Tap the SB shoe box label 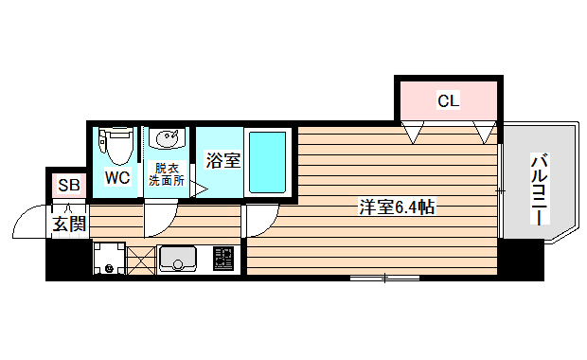(x=68, y=185)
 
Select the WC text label (x=118, y=177)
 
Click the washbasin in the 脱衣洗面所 (x=168, y=140)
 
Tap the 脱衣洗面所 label (x=167, y=176)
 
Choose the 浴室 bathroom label (x=223, y=160)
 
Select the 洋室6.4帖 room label (x=396, y=207)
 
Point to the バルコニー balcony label (x=538, y=189)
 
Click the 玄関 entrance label (x=69, y=224)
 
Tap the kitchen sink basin (x=178, y=258)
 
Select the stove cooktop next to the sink (x=223, y=257)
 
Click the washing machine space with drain (x=110, y=258)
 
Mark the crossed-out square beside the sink (x=140, y=258)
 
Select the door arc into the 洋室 (x=260, y=219)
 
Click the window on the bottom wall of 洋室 (x=385, y=278)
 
